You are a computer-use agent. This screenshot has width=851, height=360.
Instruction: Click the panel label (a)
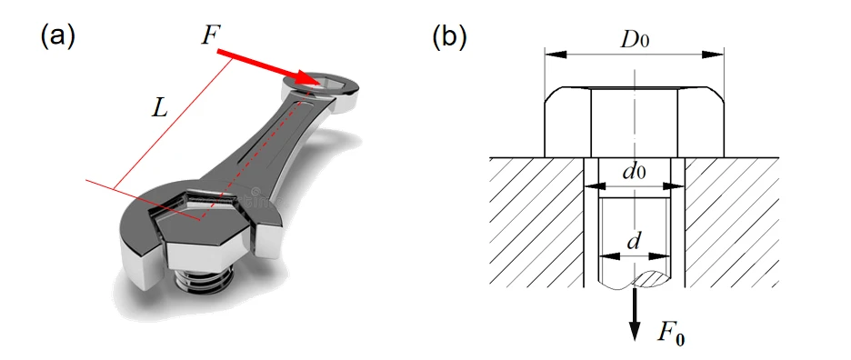click(57, 37)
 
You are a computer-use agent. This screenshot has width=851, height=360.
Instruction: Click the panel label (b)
click(449, 37)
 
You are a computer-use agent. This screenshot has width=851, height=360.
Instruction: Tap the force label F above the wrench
click(209, 35)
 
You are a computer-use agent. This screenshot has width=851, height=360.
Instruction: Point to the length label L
click(159, 109)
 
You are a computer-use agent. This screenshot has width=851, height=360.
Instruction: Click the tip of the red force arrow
click(320, 84)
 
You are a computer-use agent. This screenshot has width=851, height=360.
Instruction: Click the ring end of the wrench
click(320, 90)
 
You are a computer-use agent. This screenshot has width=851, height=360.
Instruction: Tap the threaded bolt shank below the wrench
click(203, 280)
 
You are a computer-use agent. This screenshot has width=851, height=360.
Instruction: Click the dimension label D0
click(635, 40)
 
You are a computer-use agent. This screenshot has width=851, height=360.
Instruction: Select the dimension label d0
click(634, 172)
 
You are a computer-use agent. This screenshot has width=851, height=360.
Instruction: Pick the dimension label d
click(633, 242)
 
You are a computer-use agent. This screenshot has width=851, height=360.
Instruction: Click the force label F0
click(671, 334)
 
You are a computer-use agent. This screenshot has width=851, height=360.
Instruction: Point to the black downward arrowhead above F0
click(635, 331)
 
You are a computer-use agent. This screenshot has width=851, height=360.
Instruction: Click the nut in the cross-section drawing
click(634, 122)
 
